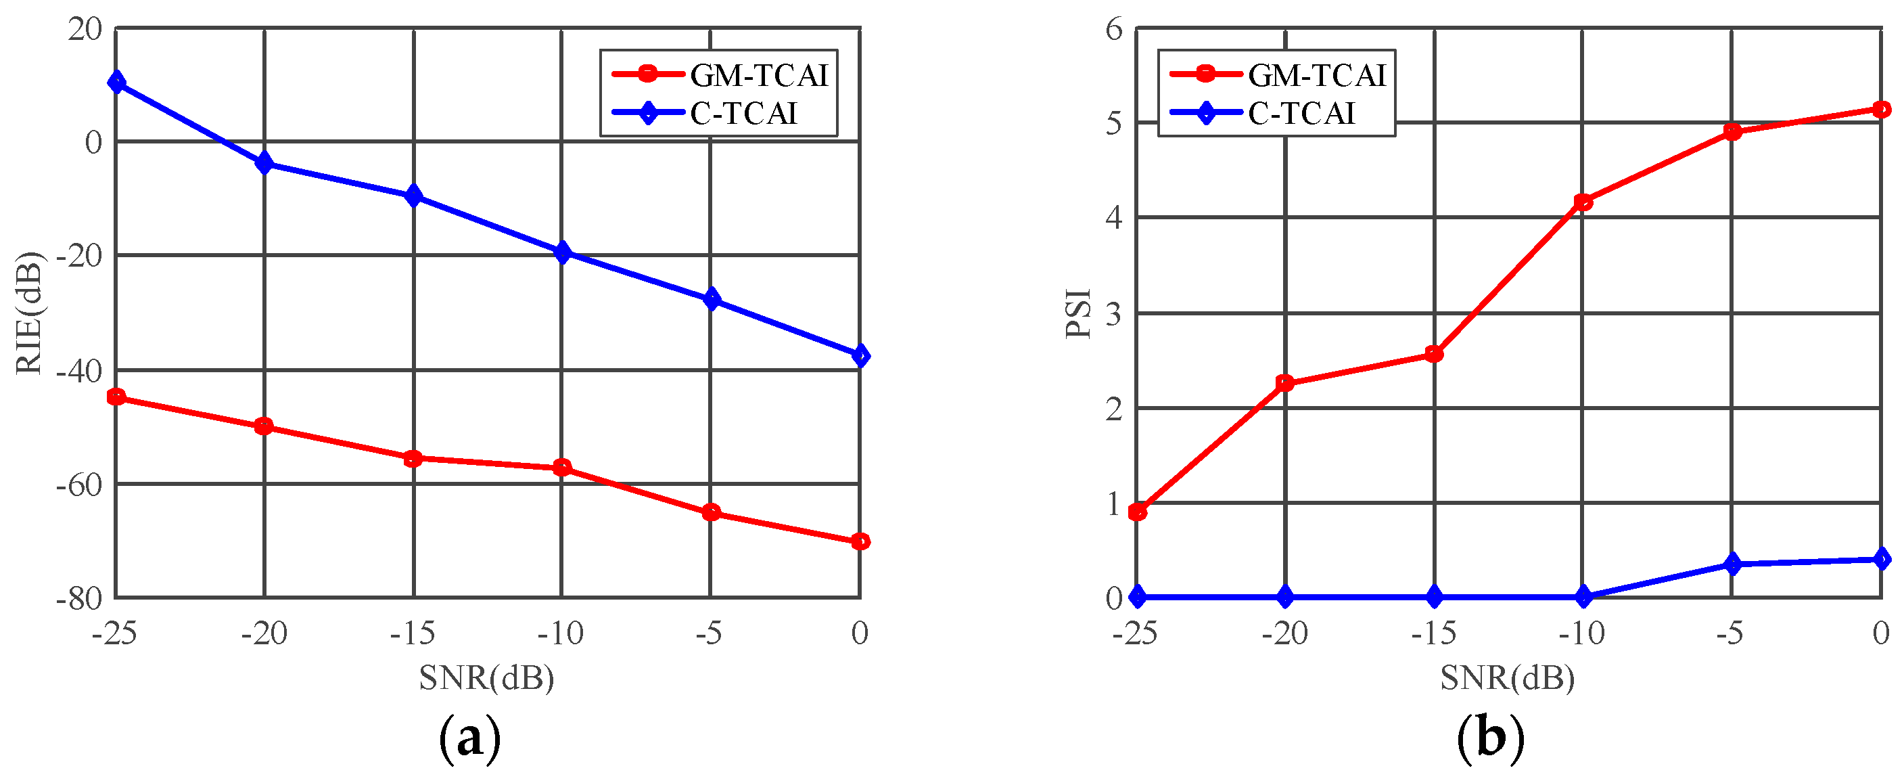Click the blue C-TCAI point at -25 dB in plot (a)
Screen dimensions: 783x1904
(x=116, y=82)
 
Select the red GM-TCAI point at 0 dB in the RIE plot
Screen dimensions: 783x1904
(x=860, y=542)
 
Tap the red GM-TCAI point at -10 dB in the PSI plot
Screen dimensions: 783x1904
(x=1583, y=202)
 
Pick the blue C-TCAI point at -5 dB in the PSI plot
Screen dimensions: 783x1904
(x=1732, y=564)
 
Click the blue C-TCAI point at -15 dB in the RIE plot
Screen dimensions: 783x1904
(x=414, y=196)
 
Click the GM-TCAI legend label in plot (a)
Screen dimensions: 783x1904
(x=759, y=75)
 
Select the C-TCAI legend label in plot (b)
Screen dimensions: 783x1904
(x=1301, y=114)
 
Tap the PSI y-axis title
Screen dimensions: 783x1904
(x=1078, y=313)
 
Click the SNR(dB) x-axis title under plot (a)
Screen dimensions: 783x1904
(x=486, y=677)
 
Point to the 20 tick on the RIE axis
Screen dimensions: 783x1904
(x=85, y=30)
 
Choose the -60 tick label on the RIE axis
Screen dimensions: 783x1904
(x=79, y=485)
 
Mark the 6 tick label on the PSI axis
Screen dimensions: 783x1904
(x=1114, y=30)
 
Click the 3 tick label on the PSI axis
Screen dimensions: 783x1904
(x=1114, y=314)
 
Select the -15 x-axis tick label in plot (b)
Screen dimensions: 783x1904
(x=1433, y=633)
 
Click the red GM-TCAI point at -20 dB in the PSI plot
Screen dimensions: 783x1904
(x=1285, y=383)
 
